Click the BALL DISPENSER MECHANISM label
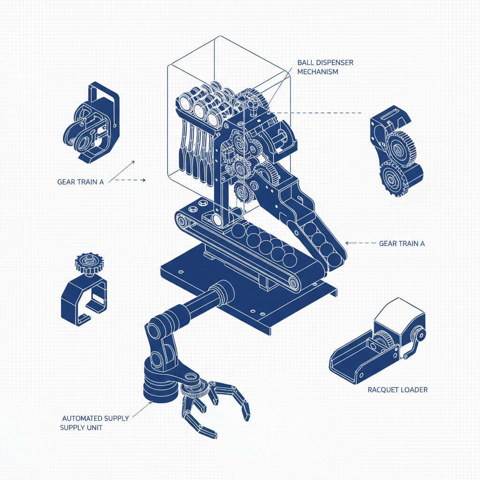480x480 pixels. click(325, 67)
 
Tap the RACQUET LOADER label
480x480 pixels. click(397, 390)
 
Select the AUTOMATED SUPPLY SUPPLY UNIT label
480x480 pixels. click(94, 423)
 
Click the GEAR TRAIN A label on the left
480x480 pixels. click(81, 182)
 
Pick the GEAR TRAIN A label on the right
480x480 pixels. click(402, 243)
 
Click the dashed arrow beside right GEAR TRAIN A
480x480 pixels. click(360, 243)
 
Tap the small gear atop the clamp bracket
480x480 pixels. click(90, 263)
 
